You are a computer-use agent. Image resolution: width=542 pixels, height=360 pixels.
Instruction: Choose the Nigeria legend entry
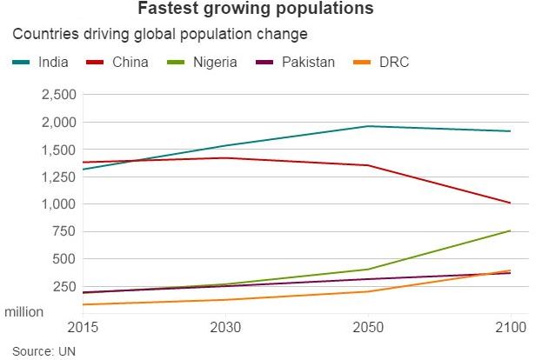[213, 63]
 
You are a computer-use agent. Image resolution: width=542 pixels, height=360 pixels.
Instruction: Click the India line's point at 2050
[369, 126]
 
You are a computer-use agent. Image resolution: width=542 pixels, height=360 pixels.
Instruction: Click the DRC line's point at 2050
[369, 291]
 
